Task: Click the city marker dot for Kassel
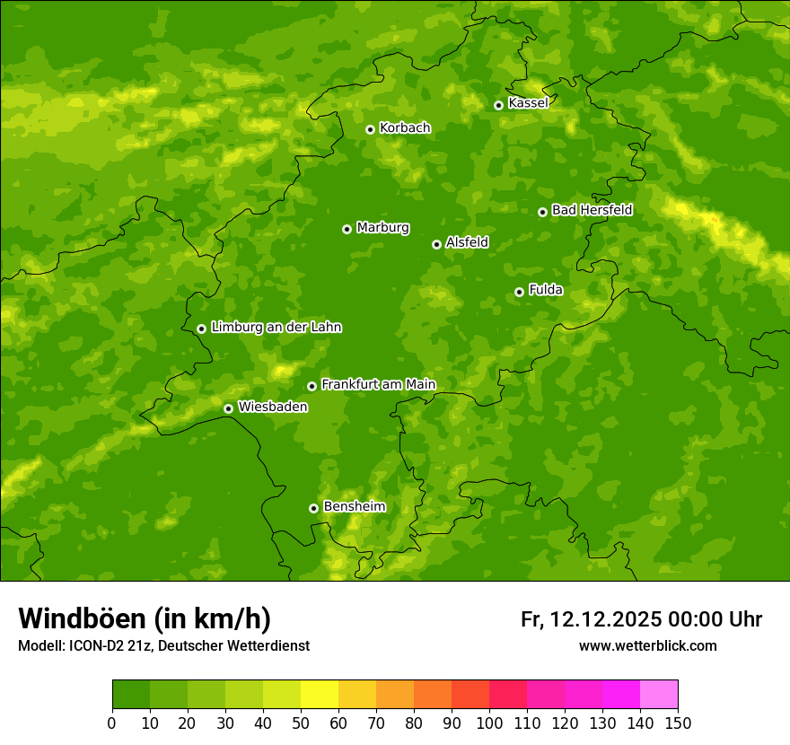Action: [498, 105]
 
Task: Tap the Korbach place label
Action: [405, 128]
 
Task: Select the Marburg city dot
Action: [347, 229]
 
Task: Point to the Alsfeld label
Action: [467, 242]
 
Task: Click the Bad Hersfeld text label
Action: [592, 210]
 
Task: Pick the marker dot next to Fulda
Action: [519, 292]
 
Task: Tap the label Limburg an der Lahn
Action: [276, 328]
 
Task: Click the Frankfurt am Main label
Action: [378, 384]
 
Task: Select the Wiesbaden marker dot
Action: [228, 408]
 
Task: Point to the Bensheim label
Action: [354, 506]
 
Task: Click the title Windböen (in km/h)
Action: [145, 618]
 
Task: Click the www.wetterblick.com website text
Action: [647, 645]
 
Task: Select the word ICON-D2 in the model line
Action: [98, 646]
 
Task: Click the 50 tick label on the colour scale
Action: [301, 723]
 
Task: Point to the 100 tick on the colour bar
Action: [489, 723]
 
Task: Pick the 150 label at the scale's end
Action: [678, 723]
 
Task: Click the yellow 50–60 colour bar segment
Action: [320, 695]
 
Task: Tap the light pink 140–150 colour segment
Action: [659, 695]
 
